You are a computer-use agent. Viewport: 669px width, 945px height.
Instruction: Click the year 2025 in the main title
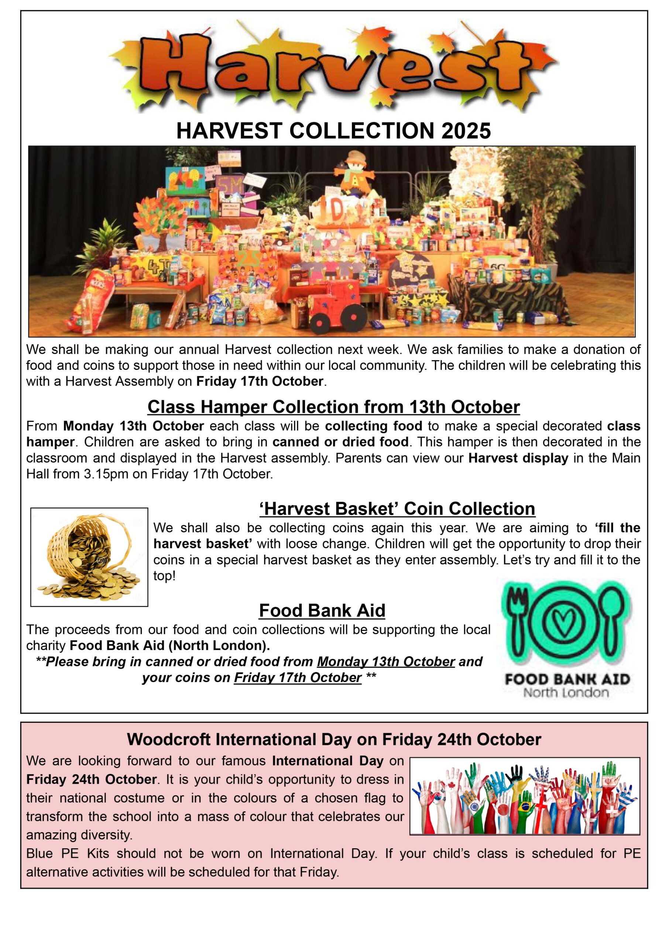click(x=466, y=131)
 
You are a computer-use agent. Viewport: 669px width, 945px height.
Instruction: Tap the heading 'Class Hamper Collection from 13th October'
click(x=334, y=407)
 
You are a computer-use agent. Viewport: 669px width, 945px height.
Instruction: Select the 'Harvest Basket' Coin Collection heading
click(x=397, y=509)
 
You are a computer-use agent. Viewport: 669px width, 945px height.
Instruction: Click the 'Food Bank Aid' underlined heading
click(x=322, y=610)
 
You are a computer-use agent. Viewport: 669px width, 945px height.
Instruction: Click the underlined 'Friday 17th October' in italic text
click(x=298, y=677)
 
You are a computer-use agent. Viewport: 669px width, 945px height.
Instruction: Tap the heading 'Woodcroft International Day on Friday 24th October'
click(x=334, y=739)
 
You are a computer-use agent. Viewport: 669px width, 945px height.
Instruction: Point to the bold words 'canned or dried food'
click(x=340, y=442)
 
